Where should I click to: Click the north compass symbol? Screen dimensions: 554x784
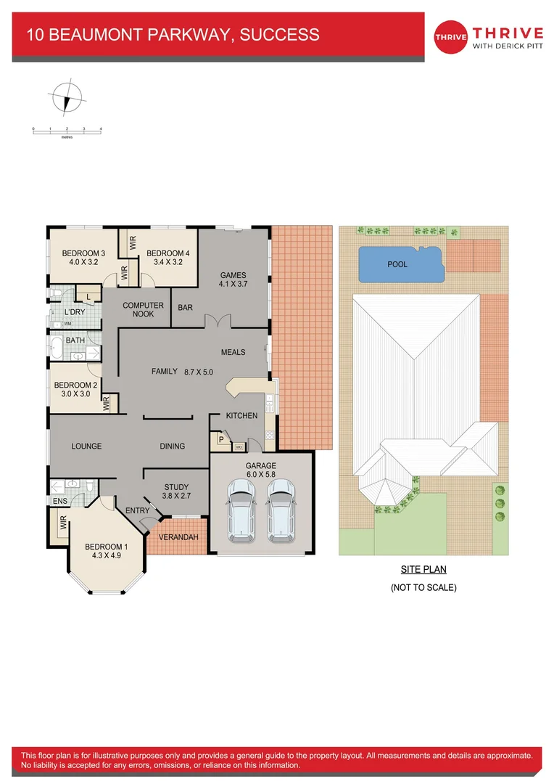point(67,97)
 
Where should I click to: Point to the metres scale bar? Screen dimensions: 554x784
point(67,131)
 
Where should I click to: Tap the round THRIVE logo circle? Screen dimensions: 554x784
point(450,37)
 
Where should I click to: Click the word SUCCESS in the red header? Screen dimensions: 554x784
point(280,35)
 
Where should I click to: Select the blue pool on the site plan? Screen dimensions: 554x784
point(401,264)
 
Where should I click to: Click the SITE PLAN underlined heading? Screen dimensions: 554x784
point(423,569)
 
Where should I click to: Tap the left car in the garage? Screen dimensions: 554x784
point(241,510)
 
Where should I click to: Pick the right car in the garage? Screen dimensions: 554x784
point(281,510)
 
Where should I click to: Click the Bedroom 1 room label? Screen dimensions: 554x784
point(107,551)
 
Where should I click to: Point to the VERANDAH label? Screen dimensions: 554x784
point(178,537)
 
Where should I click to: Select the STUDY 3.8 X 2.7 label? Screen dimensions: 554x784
point(176,491)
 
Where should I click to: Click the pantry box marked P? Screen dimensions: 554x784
point(220,439)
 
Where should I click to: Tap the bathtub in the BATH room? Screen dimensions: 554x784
point(57,348)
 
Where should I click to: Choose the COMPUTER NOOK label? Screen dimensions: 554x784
point(144,309)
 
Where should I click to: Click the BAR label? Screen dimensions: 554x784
point(186,308)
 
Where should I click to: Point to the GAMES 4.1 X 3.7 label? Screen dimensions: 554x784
point(233,279)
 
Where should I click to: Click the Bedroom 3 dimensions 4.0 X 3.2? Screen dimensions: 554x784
point(83,262)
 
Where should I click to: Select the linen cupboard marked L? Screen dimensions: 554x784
point(88,296)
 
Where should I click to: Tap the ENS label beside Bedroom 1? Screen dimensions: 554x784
point(60,501)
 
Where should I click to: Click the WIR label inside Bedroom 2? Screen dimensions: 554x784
point(106,404)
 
